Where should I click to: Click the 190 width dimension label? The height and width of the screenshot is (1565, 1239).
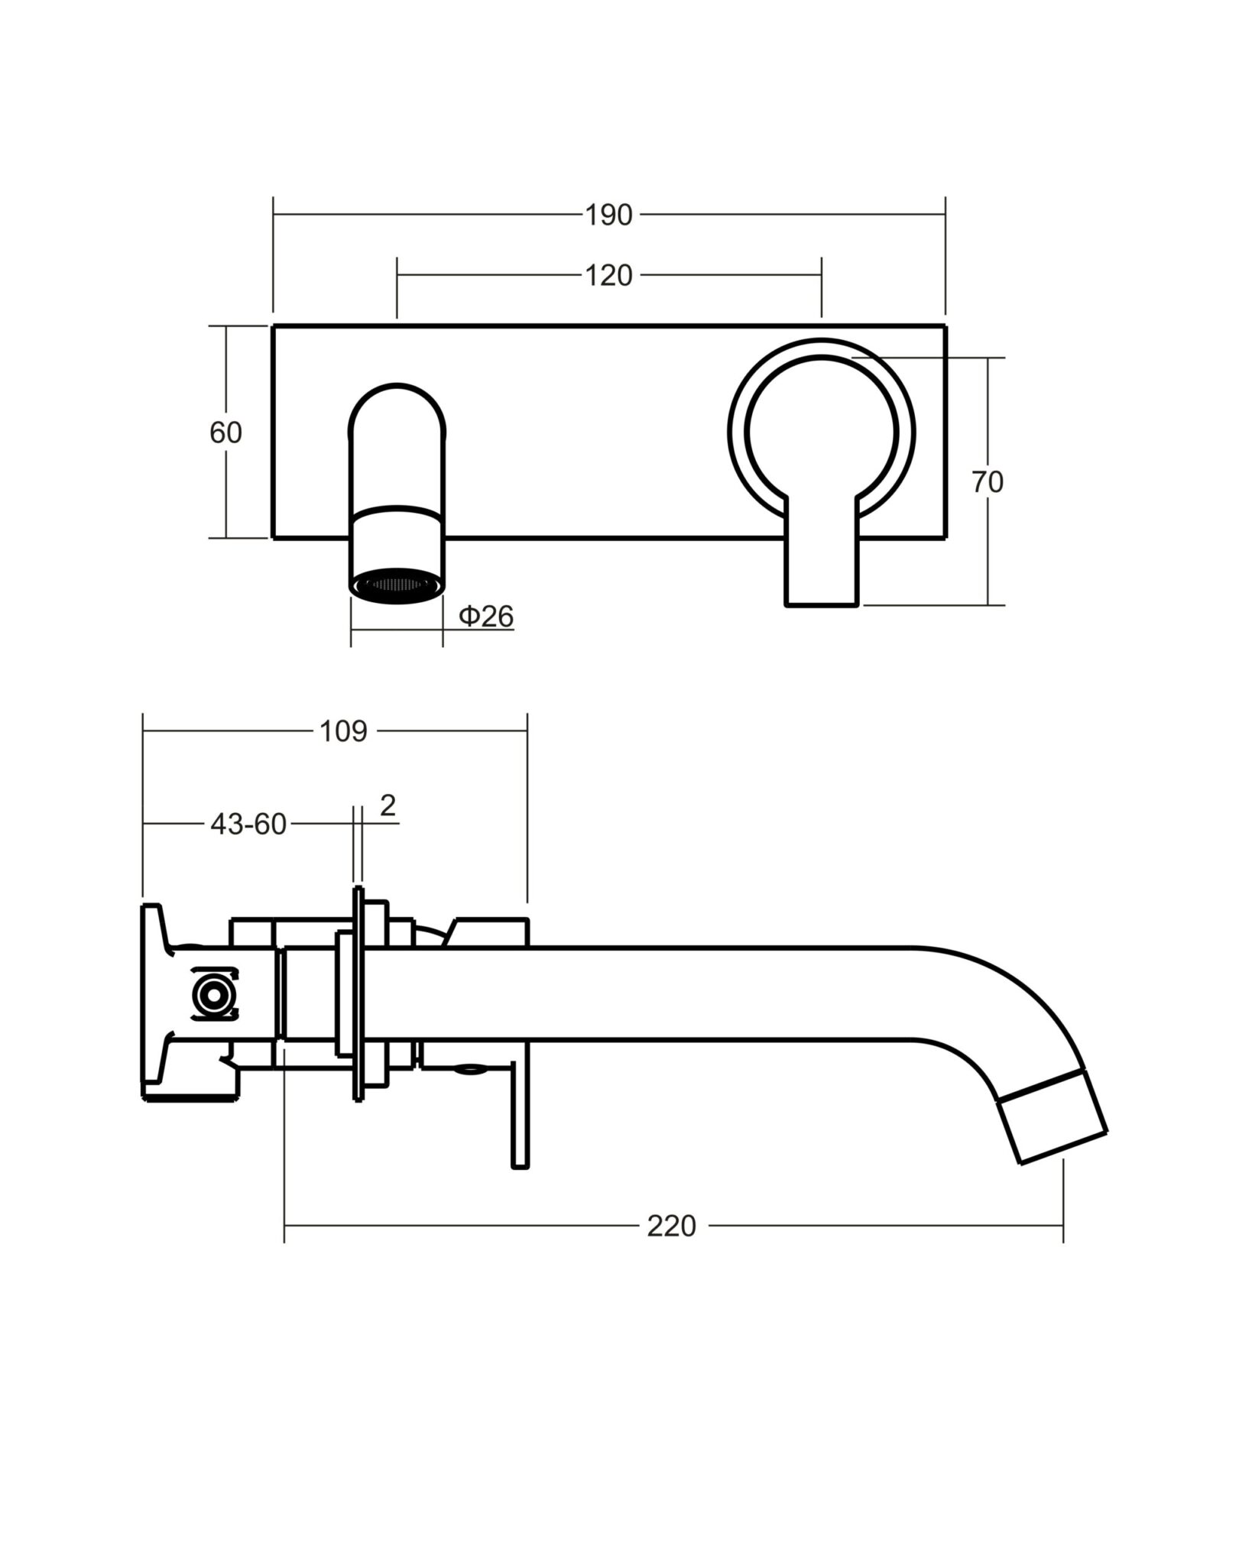pyautogui.click(x=609, y=215)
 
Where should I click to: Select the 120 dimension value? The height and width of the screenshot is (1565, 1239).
pyautogui.click(x=609, y=276)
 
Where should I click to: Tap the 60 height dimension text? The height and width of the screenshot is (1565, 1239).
pyautogui.click(x=225, y=433)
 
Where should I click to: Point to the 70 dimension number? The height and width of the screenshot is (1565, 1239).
pyautogui.click(x=988, y=482)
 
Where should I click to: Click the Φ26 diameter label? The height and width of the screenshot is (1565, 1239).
pyautogui.click(x=486, y=616)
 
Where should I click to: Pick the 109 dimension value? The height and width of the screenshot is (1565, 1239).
pyautogui.click(x=344, y=731)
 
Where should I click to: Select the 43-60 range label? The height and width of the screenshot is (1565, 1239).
pyautogui.click(x=248, y=825)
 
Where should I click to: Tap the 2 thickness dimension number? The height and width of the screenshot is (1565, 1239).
pyautogui.click(x=388, y=805)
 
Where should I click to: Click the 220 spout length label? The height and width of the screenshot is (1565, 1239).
pyautogui.click(x=672, y=1226)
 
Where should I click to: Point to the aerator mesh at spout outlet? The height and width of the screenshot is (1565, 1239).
pyautogui.click(x=397, y=585)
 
